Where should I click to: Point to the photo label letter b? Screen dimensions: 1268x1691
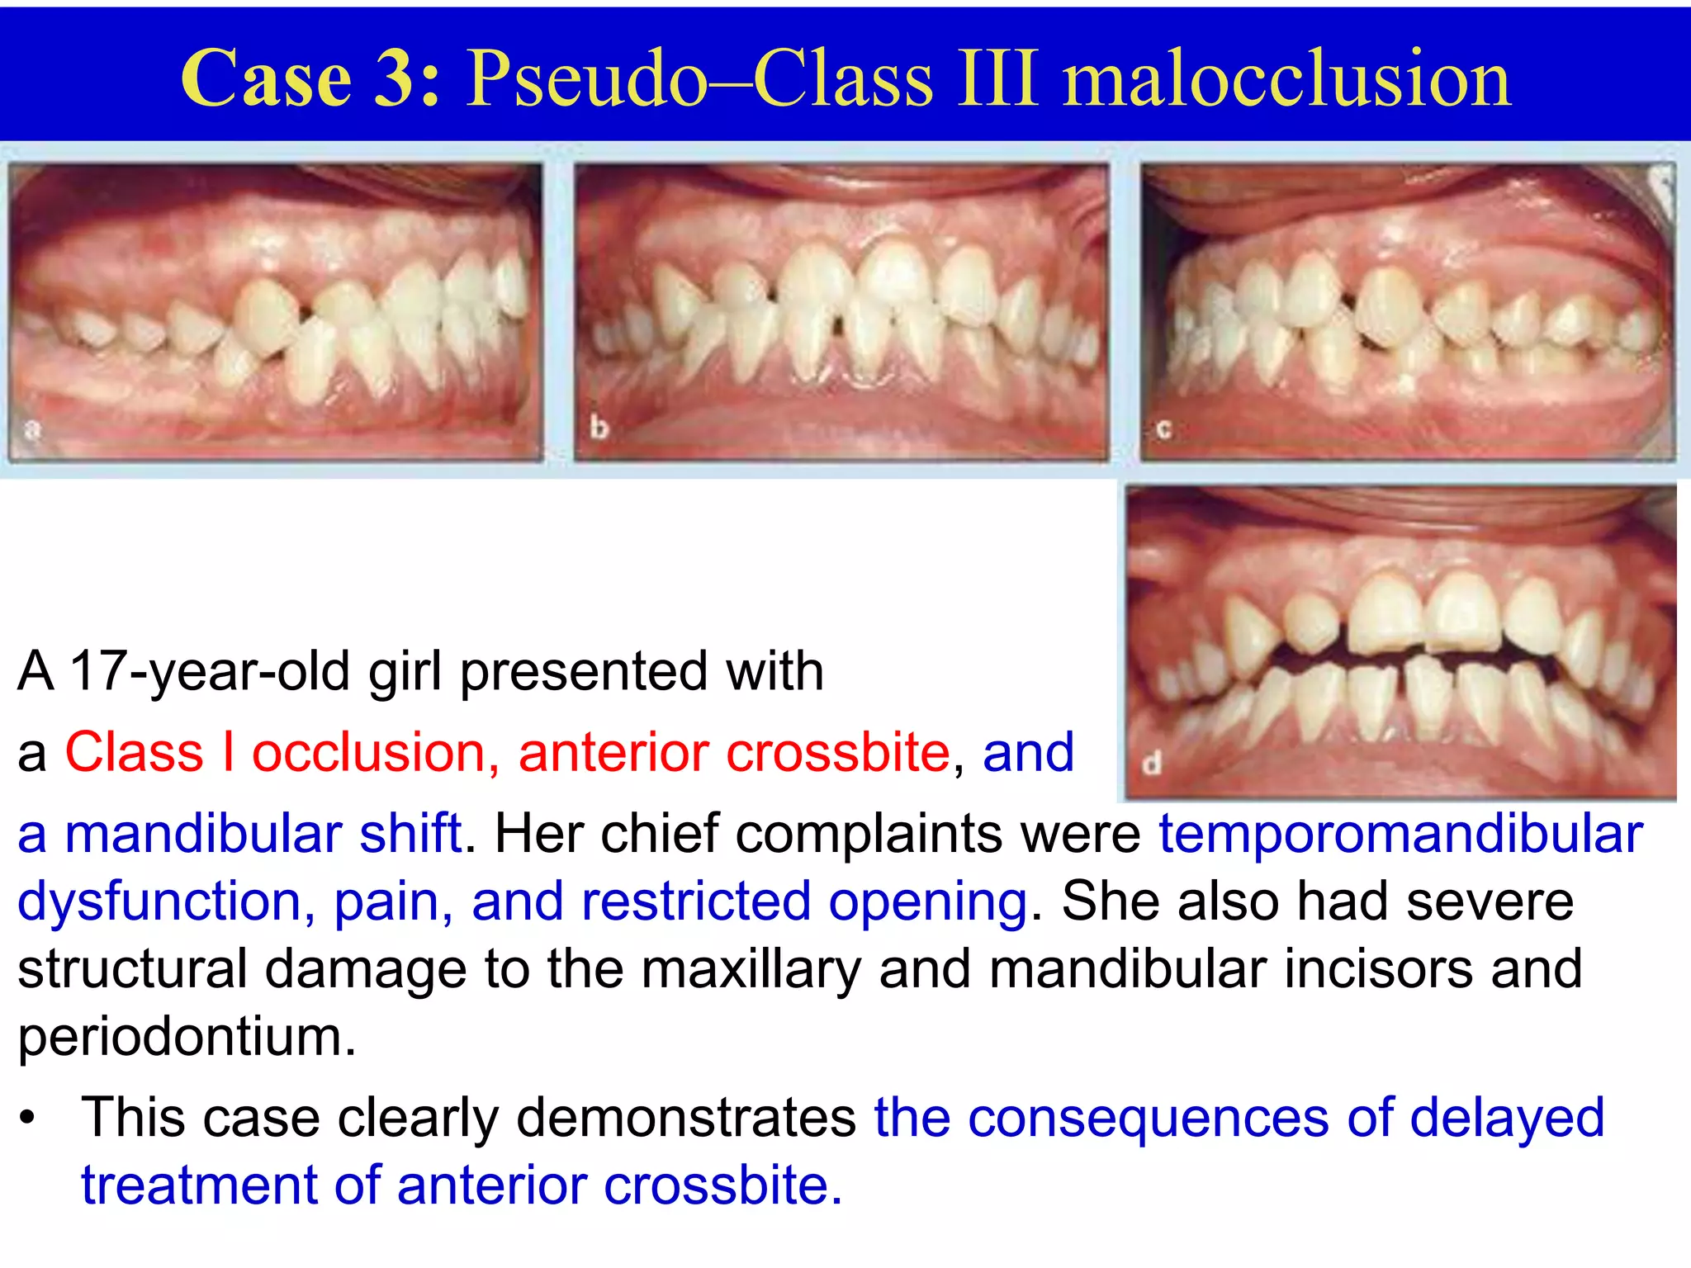(x=599, y=428)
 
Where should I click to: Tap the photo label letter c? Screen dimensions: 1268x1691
(x=1164, y=428)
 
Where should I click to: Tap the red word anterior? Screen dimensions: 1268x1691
(x=613, y=753)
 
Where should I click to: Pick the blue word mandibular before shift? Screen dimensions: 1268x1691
(x=202, y=834)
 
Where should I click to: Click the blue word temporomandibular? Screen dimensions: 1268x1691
(x=1400, y=834)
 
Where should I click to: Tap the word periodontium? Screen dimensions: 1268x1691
(x=187, y=1037)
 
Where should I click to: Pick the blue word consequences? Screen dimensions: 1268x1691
(x=1148, y=1118)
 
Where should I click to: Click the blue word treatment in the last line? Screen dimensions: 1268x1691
(x=198, y=1185)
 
